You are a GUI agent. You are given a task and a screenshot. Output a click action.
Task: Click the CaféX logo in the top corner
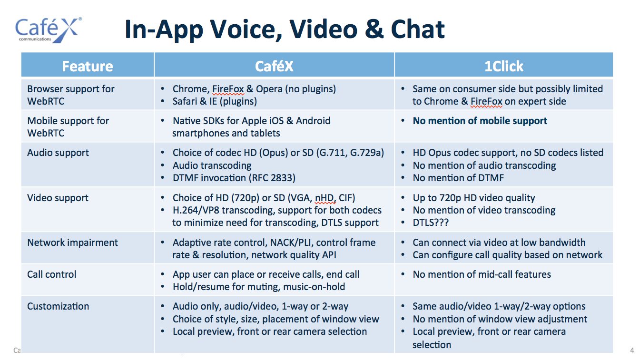pyautogui.click(x=48, y=30)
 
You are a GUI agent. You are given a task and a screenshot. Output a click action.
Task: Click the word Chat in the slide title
pyautogui.click(x=418, y=29)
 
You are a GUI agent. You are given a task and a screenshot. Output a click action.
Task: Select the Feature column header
pyautogui.click(x=88, y=66)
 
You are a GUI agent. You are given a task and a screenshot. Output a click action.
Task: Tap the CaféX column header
pyautogui.click(x=274, y=66)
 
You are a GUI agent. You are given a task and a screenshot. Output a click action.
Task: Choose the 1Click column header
pyautogui.click(x=504, y=66)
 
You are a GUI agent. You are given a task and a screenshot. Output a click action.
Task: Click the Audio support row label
pyautogui.click(x=58, y=153)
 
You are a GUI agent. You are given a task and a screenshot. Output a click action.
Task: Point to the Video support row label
pyautogui.click(x=58, y=198)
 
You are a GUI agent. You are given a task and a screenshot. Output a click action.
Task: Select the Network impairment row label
pyautogui.click(x=72, y=243)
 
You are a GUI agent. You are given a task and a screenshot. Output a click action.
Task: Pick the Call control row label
pyautogui.click(x=52, y=274)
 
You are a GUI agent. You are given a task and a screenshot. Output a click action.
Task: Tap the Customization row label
pyautogui.click(x=58, y=306)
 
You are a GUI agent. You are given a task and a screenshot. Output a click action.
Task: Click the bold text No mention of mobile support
pyautogui.click(x=480, y=121)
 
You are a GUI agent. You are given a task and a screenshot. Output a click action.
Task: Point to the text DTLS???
pyautogui.click(x=431, y=223)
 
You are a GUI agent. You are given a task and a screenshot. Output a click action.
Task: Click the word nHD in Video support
pyautogui.click(x=325, y=198)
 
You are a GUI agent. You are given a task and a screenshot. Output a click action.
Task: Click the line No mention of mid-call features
pyautogui.click(x=482, y=274)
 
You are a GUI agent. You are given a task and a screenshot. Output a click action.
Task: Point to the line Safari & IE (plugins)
pyautogui.click(x=215, y=101)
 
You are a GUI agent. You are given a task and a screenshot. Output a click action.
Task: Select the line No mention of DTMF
pyautogui.click(x=458, y=178)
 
